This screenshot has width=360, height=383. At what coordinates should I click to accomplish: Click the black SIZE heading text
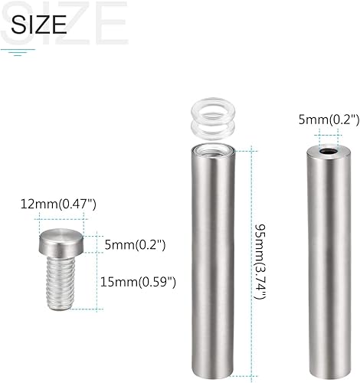[x=39, y=25]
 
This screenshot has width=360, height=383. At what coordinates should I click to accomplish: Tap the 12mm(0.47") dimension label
[x=58, y=205]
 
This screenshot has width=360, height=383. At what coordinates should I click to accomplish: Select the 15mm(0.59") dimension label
[x=138, y=283]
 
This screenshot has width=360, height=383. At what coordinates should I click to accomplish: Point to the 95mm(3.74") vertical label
[x=260, y=261]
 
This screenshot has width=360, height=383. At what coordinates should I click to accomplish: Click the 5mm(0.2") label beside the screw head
[x=135, y=245]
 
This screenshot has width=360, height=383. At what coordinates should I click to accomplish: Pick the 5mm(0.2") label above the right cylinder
[x=329, y=119]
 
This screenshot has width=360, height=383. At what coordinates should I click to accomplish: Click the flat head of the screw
[x=61, y=242]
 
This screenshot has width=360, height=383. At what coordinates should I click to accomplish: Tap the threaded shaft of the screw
[x=61, y=283]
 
